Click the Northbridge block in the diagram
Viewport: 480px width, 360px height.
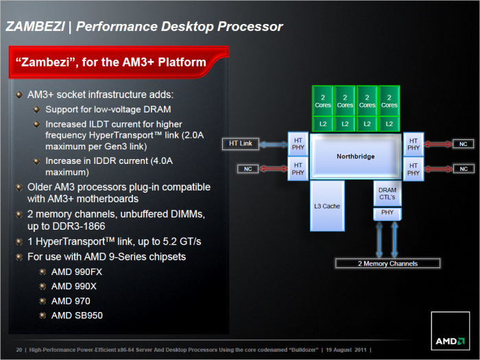tap(355, 156)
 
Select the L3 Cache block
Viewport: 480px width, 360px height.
tap(328, 205)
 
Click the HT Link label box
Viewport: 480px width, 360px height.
tap(240, 143)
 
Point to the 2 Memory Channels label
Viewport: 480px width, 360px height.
tap(387, 263)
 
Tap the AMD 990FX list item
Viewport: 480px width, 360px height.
tap(77, 272)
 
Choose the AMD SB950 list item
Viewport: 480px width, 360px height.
tap(77, 315)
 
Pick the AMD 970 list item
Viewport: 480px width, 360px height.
tap(71, 300)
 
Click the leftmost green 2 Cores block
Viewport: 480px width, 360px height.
tap(323, 101)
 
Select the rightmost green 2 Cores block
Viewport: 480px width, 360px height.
tap(389, 101)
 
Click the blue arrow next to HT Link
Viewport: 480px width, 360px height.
tap(272, 144)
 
